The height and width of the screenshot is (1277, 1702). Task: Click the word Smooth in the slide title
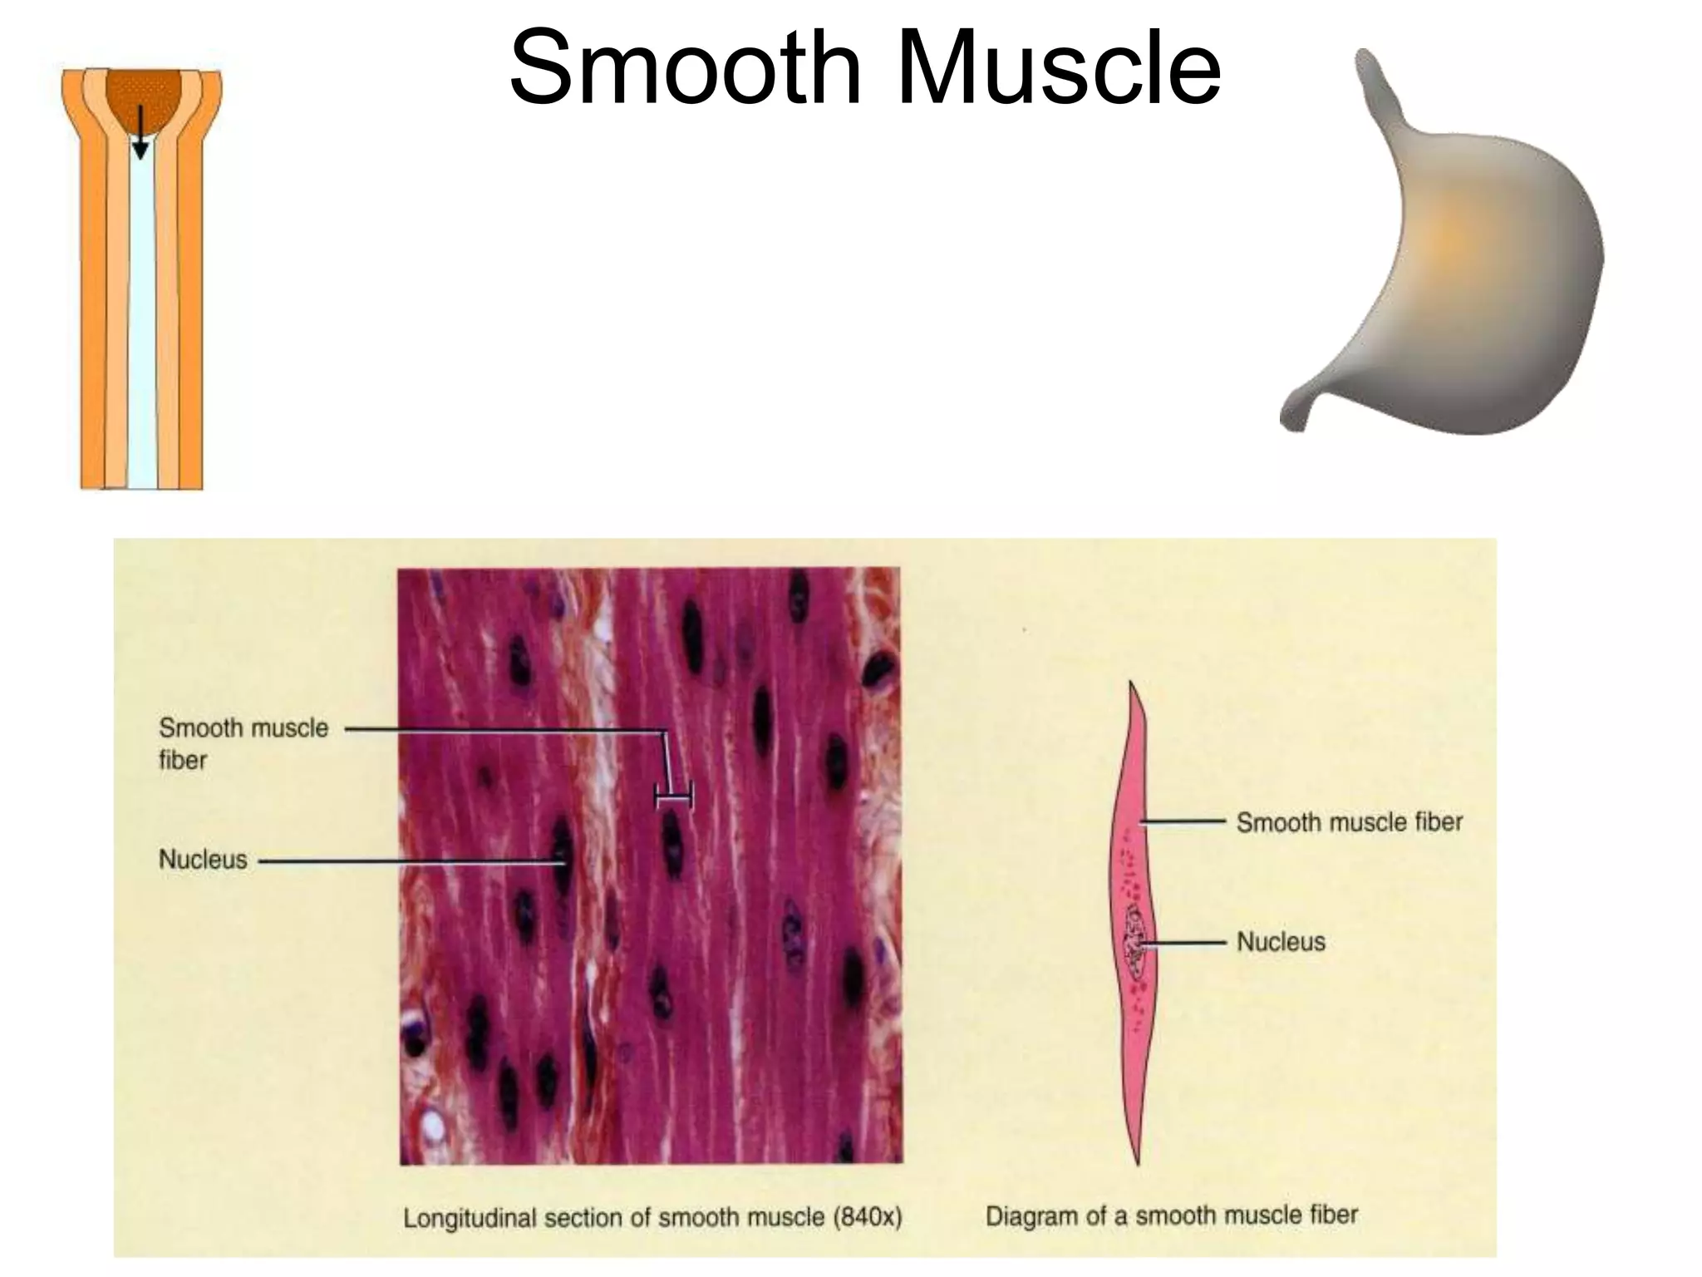coord(686,68)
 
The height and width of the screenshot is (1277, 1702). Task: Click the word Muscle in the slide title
coord(1059,68)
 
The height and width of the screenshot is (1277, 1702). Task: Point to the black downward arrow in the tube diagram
coord(140,133)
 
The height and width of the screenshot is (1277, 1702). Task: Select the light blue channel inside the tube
coord(142,333)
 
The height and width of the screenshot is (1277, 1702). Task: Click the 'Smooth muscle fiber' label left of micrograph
coord(243,743)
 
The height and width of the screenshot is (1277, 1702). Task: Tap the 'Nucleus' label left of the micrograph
coord(203,859)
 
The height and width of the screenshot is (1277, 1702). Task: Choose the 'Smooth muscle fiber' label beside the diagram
coord(1349,822)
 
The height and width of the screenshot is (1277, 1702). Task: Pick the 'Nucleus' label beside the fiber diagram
coord(1281,942)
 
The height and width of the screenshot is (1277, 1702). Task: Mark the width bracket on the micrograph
coord(673,798)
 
